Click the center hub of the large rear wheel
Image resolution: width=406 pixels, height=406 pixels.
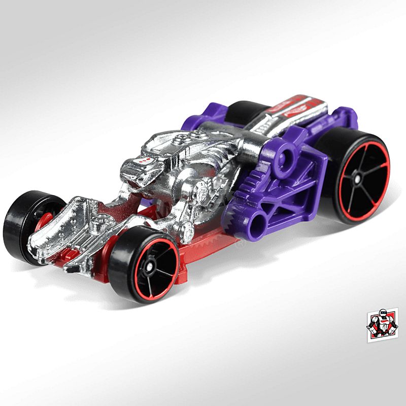click(359, 179)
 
